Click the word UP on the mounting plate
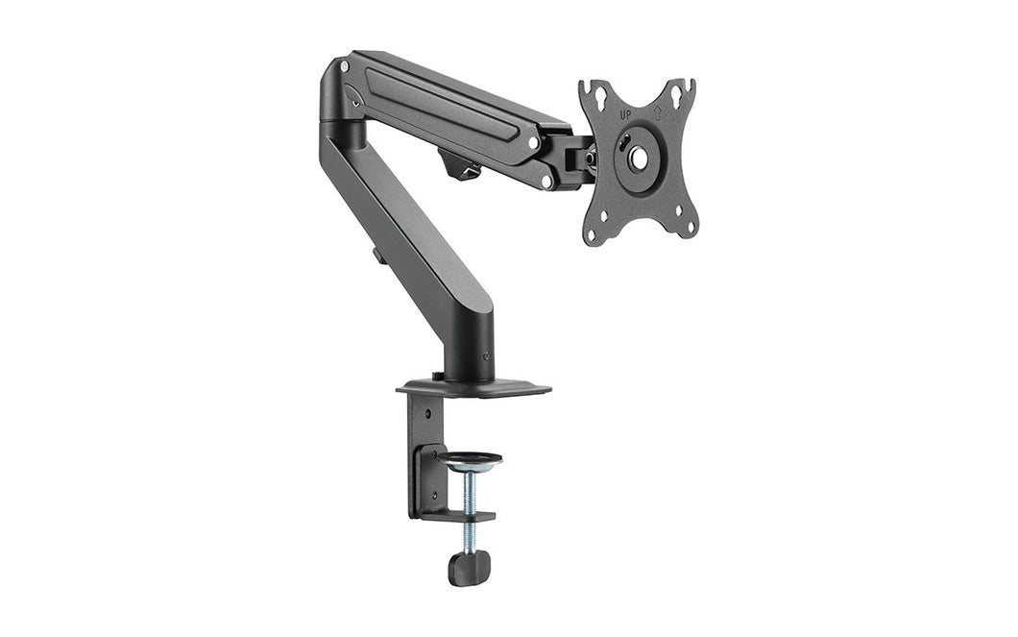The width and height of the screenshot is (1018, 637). point(627,115)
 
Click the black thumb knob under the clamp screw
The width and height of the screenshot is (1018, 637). point(468,567)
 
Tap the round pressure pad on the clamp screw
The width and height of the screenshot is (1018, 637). point(469,460)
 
